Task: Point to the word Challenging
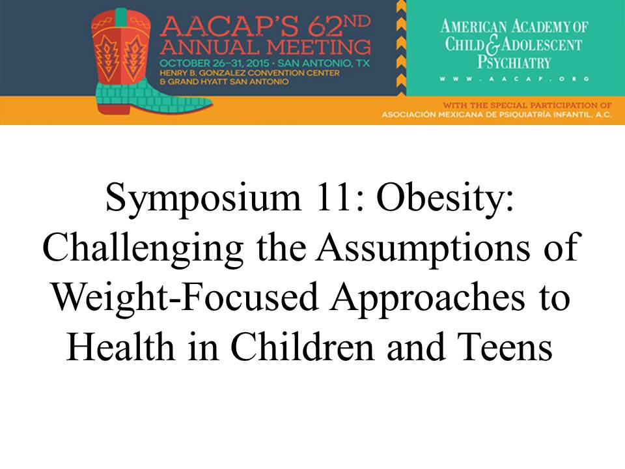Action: coord(143,249)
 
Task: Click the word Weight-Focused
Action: coord(186,298)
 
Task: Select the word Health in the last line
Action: coord(121,346)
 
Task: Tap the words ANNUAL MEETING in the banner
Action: coord(266,48)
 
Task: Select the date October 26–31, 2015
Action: coord(214,63)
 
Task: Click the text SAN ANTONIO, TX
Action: coord(324,63)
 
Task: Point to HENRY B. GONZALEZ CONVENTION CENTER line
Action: coord(249,73)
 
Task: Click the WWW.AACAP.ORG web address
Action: coord(514,79)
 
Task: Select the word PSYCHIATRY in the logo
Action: coord(514,63)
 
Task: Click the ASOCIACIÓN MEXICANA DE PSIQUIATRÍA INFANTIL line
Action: coord(497,115)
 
